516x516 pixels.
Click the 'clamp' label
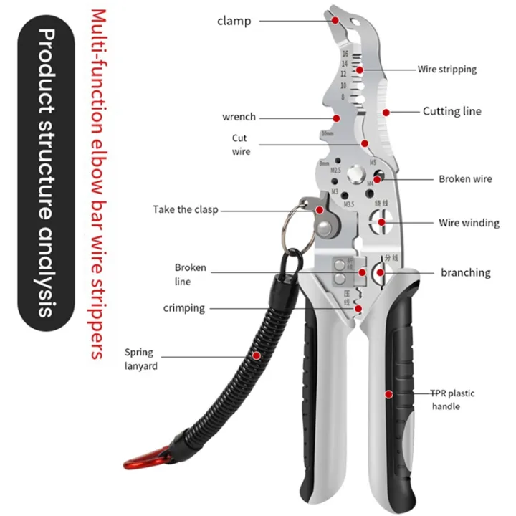234,21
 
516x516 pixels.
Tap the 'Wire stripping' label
447,70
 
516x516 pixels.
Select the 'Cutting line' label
451,111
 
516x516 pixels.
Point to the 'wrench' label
239,117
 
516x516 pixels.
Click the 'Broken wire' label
465,179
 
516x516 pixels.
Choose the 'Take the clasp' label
185,210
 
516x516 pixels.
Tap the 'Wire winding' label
469,223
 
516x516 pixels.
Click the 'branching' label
465,272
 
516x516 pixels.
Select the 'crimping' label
183,308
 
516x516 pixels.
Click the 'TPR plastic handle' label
452,400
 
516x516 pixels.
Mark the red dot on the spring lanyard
257,355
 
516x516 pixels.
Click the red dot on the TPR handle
389,393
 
